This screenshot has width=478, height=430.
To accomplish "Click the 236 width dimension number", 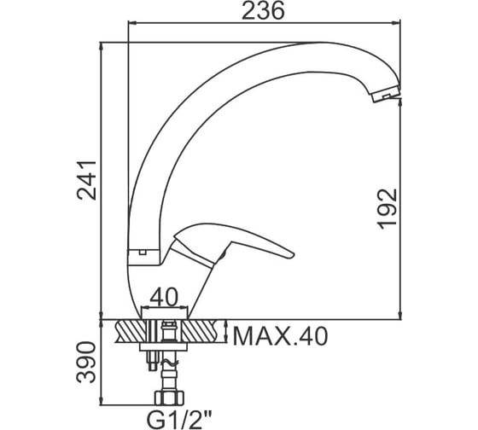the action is point(263,11).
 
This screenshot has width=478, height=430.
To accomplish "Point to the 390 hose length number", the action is point(86,362).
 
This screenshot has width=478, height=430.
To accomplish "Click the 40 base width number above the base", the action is point(164,297).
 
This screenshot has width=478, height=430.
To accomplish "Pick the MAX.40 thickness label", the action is point(280,336).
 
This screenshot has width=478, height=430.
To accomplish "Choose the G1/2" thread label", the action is point(179,419).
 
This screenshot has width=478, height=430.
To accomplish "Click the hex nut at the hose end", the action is point(170,398).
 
